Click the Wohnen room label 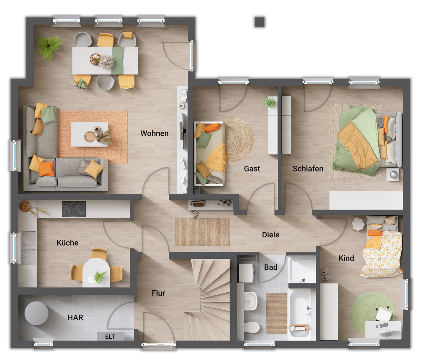tap(154, 133)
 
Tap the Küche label tap(68, 243)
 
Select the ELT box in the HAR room tap(110, 337)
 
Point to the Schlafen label tap(308, 169)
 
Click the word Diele tap(270, 235)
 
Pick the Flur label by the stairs tap(158, 293)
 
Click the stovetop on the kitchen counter tap(74, 209)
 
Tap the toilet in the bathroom tap(251, 328)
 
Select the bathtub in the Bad tap(301, 310)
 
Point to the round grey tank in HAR tap(36, 313)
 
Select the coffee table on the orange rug tap(90, 134)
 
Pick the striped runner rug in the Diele tap(202, 232)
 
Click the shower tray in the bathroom tap(302, 269)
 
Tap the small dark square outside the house tap(259, 22)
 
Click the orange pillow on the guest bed tap(212, 128)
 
